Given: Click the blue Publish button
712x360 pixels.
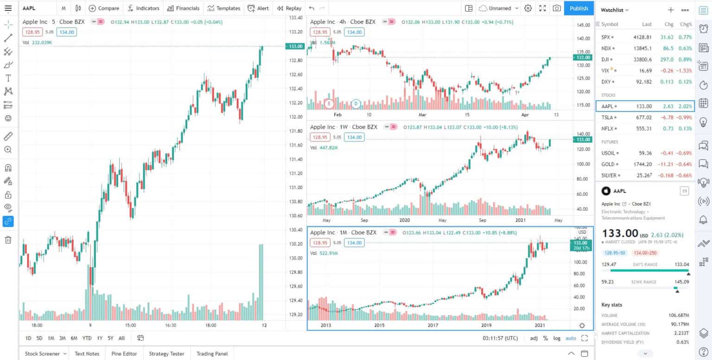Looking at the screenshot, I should pos(578,8).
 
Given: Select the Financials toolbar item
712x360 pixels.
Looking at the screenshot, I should pos(183,8).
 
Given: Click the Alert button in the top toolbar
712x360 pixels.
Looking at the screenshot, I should pos(258,8).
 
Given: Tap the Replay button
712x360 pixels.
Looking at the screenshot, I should pos(289,8).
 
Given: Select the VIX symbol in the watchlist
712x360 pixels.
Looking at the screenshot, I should pos(605,70).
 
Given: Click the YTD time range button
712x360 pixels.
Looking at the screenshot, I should pos(87,338).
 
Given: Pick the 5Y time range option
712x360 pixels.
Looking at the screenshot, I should pos(110,338).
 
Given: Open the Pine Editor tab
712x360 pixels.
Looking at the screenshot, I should pos(124,354).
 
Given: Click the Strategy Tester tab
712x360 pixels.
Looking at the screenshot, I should pos(166,354).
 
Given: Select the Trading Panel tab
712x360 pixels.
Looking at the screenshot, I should pos(212,354).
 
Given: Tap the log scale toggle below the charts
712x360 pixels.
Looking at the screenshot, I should pos(556,338).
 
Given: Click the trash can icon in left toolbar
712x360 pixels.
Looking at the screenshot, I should pos(8,240).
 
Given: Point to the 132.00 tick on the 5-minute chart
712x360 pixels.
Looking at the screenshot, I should pos(296,117).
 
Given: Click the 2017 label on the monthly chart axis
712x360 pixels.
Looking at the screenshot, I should pos(433,326).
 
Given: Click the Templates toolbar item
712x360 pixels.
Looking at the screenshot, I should pos(224,8).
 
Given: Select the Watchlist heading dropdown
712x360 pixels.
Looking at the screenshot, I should pos(615,10).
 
